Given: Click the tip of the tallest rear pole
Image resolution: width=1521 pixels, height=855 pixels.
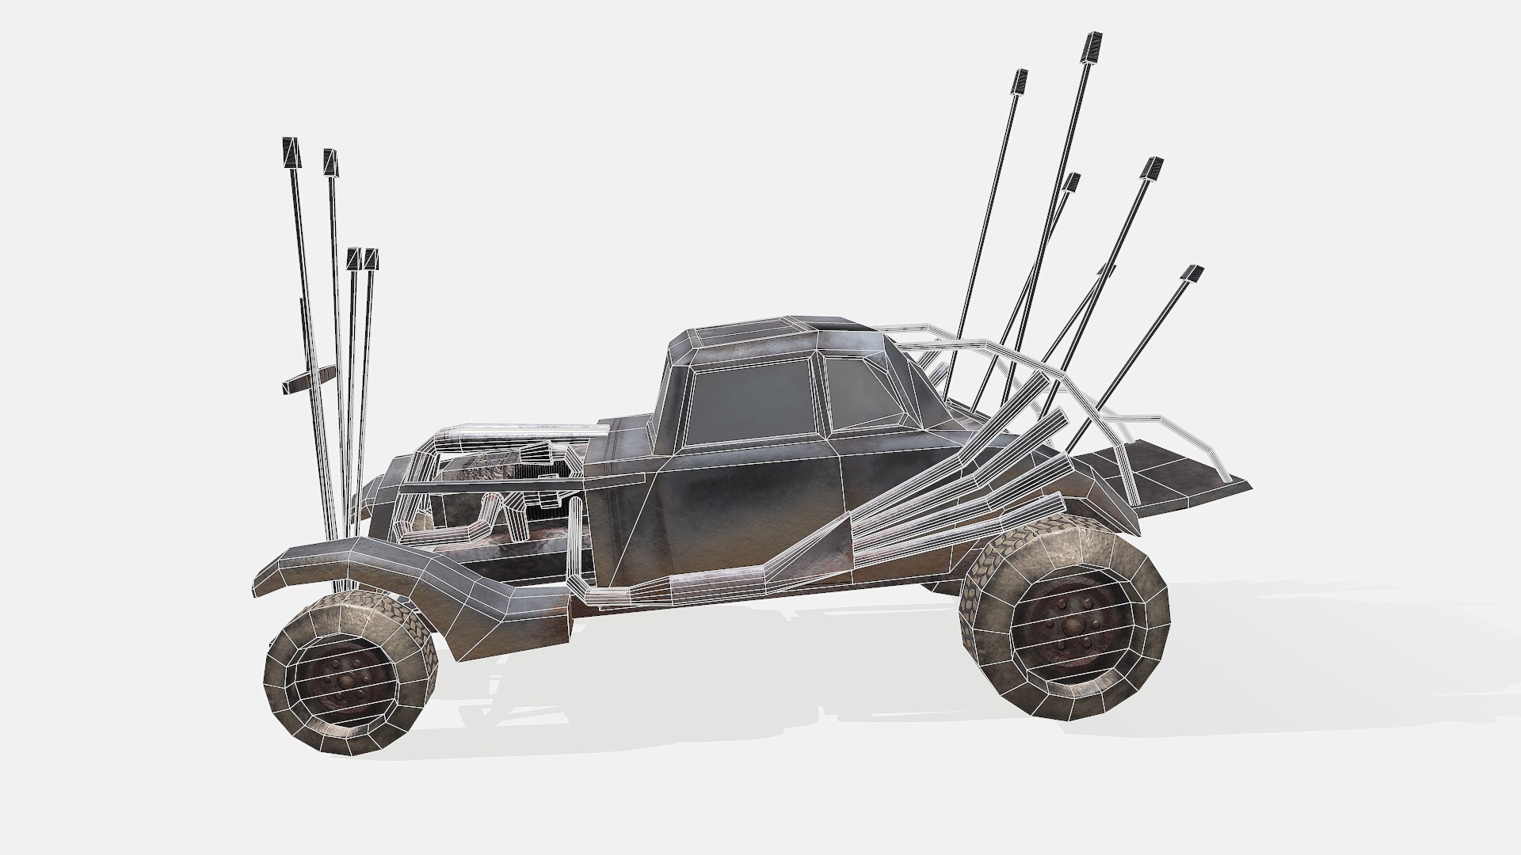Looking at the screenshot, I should (x=1092, y=46).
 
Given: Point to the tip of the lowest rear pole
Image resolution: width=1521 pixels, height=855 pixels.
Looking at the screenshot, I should (x=1192, y=274).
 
